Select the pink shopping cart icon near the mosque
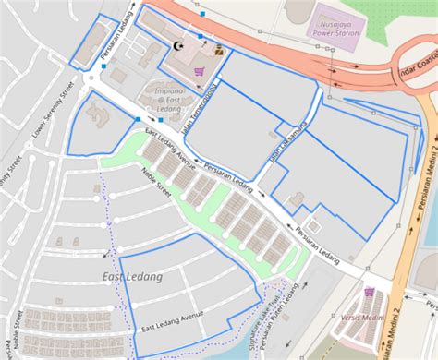coord(198,70)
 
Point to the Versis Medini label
coord(361,318)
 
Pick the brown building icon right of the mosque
coord(219,51)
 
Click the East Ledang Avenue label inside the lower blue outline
coord(173,322)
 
